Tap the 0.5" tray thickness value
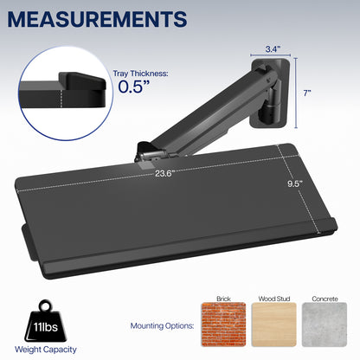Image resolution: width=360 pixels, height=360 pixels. click(135, 87)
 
